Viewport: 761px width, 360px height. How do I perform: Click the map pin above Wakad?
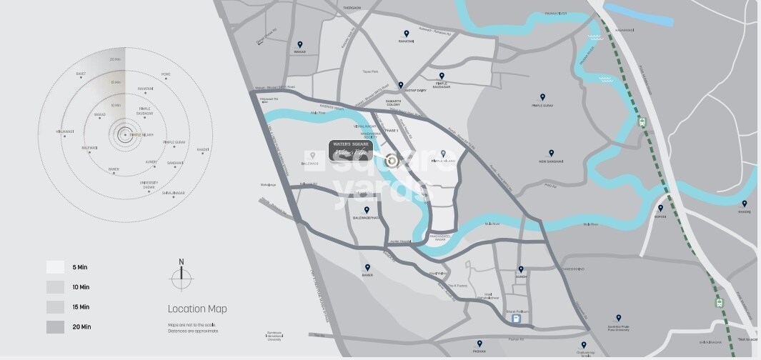pos(299,43)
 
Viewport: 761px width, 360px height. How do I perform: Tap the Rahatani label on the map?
pos(407,41)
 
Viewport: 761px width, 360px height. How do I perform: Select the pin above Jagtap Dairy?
pos(401,84)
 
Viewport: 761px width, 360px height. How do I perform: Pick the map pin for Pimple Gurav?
pos(542,96)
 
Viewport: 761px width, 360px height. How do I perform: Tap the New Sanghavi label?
pos(550,161)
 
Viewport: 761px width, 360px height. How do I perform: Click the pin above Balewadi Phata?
pos(367,209)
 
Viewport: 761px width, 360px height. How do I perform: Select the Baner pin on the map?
pos(367,267)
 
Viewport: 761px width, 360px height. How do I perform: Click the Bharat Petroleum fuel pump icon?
pos(516,319)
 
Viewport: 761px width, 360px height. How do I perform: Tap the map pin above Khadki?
pos(743,204)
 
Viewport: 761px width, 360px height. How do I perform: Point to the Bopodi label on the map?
pos(660,216)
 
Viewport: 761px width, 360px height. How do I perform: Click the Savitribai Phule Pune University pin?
pos(618,317)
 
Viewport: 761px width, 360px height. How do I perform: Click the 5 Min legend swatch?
pos(56,267)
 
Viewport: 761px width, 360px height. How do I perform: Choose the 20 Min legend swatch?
pos(56,327)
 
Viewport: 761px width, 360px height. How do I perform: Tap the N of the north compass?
pos(181,262)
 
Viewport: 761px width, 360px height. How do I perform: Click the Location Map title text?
pos(197,309)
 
